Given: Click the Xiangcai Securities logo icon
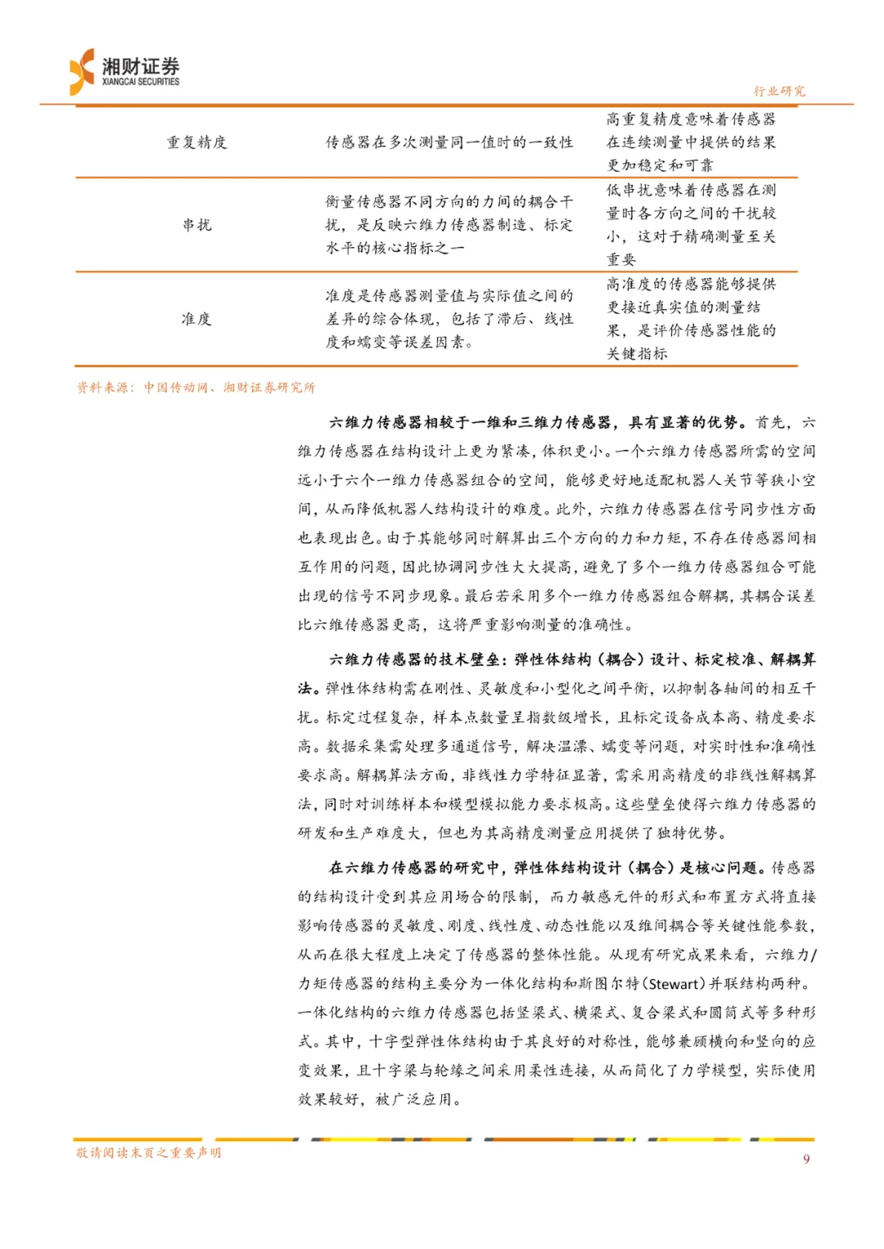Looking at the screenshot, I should (x=82, y=72).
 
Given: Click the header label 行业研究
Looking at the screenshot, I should (x=778, y=91).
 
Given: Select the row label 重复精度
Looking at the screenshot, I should (x=196, y=142).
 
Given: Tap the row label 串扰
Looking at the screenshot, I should (x=196, y=224).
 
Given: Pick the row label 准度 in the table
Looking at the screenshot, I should (x=196, y=318).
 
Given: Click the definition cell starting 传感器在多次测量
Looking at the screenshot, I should (x=449, y=142).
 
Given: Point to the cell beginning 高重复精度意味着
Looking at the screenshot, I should (x=691, y=142).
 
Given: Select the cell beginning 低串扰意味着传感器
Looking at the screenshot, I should (x=691, y=224).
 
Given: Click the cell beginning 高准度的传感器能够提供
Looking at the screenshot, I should (x=691, y=318).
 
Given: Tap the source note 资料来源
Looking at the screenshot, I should (x=196, y=387).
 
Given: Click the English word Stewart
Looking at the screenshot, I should (x=673, y=983).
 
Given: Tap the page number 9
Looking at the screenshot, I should (x=806, y=1158).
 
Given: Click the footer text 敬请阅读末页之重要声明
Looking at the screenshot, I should (x=148, y=1152).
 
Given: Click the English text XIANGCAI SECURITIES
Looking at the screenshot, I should (x=141, y=82).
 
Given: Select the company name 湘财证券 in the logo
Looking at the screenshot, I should (x=141, y=66).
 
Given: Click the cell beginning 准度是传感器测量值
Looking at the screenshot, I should (x=449, y=318).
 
